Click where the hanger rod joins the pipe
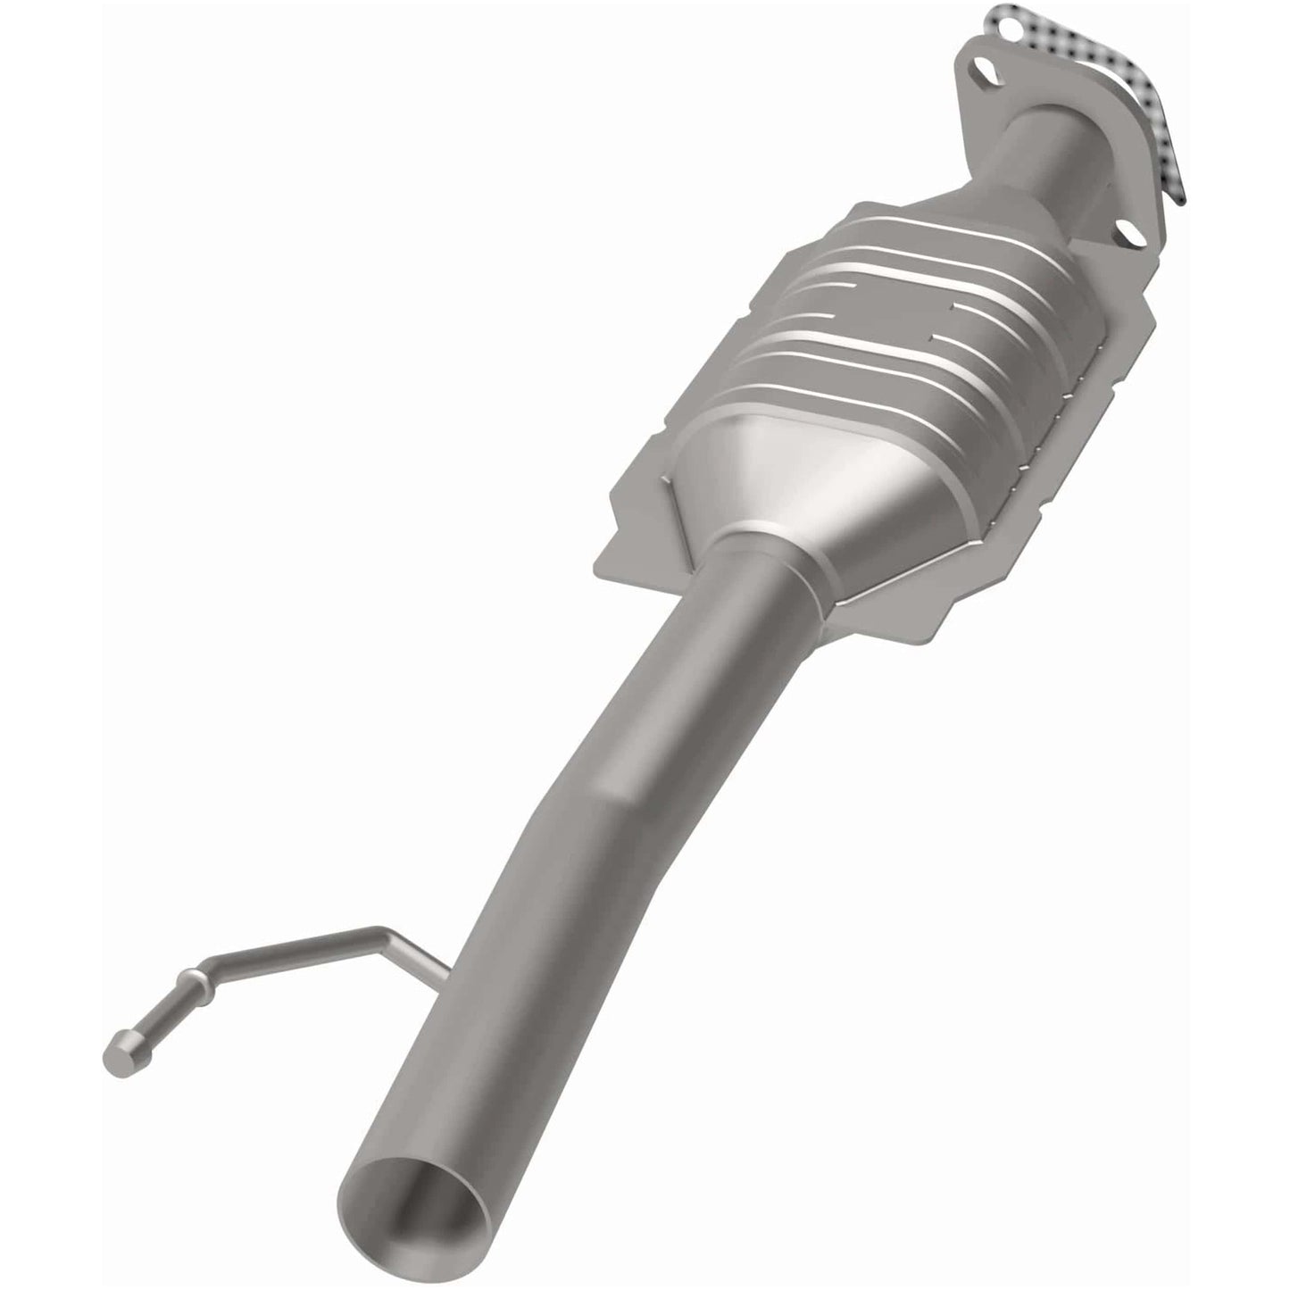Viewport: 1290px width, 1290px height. tap(443, 993)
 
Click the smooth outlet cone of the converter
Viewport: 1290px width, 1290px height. tap(786, 482)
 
